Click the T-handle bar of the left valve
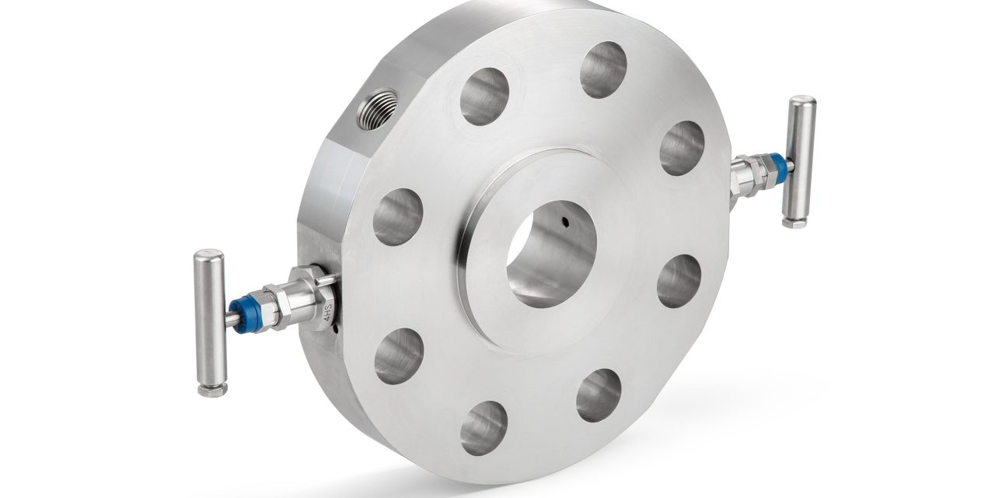click(210, 319)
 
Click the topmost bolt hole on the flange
click(603, 69)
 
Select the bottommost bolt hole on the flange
click(484, 427)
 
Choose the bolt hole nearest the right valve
click(682, 148)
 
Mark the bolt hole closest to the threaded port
click(484, 96)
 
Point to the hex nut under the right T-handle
click(794, 221)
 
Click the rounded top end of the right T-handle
click(803, 101)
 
